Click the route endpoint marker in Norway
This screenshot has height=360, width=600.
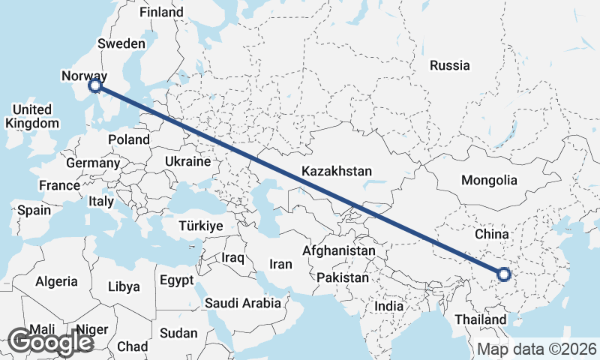[95, 87]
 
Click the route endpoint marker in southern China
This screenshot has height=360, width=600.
[503, 275]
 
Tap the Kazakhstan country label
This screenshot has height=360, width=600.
[337, 172]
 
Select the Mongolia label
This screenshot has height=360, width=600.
[489, 180]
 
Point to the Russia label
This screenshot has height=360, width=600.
[449, 65]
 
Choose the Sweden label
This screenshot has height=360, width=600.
[122, 44]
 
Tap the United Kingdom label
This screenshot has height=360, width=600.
[31, 116]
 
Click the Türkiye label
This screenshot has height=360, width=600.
[201, 226]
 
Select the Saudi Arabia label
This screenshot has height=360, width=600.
[243, 304]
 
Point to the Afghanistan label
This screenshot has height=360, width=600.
[339, 250]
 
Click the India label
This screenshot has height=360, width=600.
[389, 306]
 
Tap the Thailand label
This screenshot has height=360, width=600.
[480, 319]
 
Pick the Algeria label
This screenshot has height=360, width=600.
[56, 281]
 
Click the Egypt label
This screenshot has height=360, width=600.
[176, 280]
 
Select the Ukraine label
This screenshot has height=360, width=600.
[186, 161]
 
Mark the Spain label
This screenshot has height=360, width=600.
[34, 211]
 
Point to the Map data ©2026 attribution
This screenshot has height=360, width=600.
[537, 349]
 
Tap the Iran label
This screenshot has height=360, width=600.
[280, 264]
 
